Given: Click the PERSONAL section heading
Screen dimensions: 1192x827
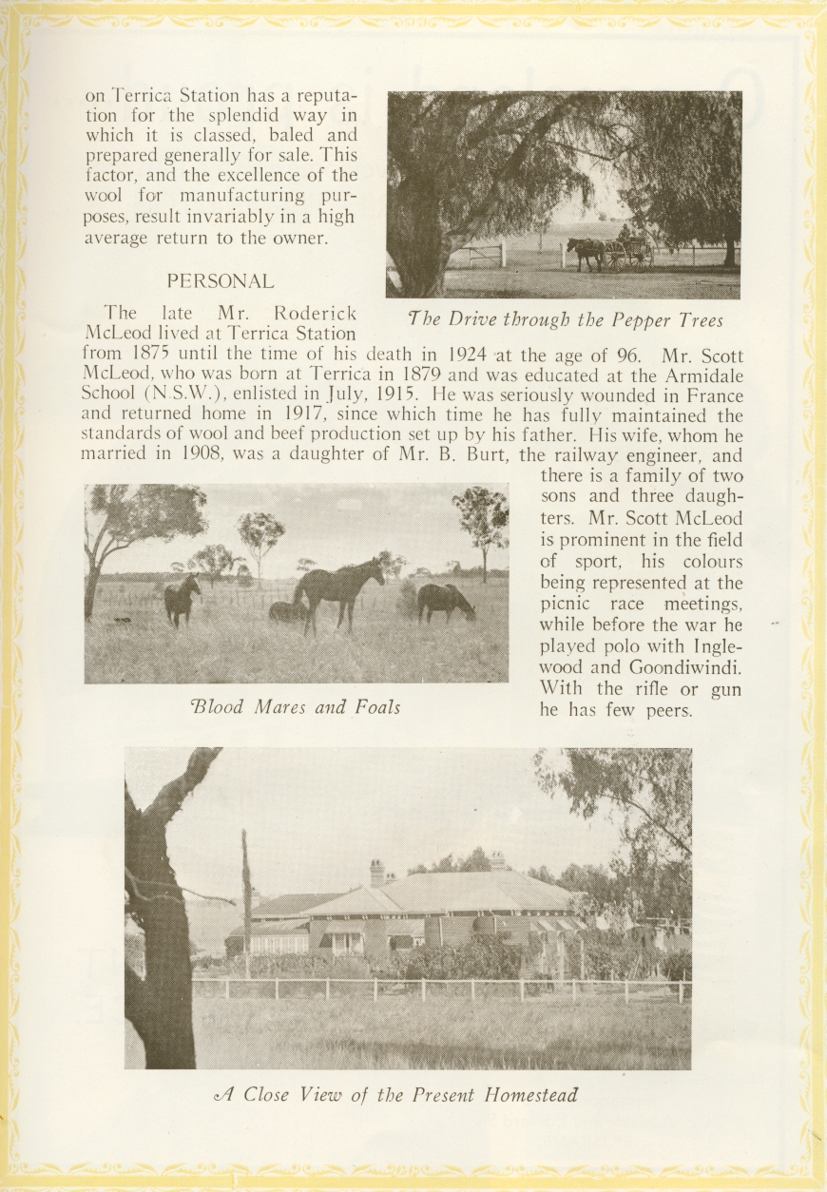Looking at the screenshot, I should pyautogui.click(x=221, y=281).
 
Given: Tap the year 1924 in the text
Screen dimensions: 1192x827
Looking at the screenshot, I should pyautogui.click(x=468, y=356).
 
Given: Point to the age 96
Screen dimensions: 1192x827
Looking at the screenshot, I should pyautogui.click(x=625, y=356).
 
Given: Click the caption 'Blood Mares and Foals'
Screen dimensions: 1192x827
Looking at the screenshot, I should pyautogui.click(x=295, y=706).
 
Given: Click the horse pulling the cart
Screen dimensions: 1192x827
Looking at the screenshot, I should pyautogui.click(x=586, y=253).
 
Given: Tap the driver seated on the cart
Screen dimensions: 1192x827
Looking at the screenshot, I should pyautogui.click(x=625, y=233).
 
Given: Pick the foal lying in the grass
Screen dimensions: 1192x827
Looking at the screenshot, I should pyautogui.click(x=285, y=611).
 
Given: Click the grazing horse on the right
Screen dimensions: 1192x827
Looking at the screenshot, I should pyautogui.click(x=445, y=600).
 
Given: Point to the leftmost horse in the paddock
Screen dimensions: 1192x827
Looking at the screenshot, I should pyautogui.click(x=181, y=599).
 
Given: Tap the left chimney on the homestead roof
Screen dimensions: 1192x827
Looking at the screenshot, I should pyautogui.click(x=377, y=871).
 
